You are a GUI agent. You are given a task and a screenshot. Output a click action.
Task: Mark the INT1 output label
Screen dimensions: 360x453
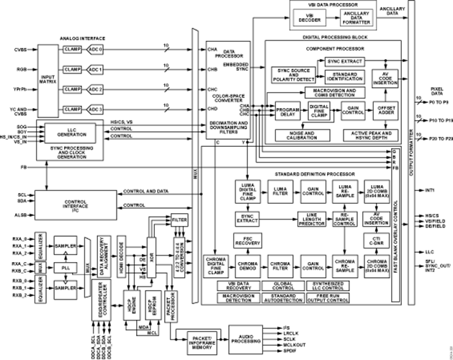430,190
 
